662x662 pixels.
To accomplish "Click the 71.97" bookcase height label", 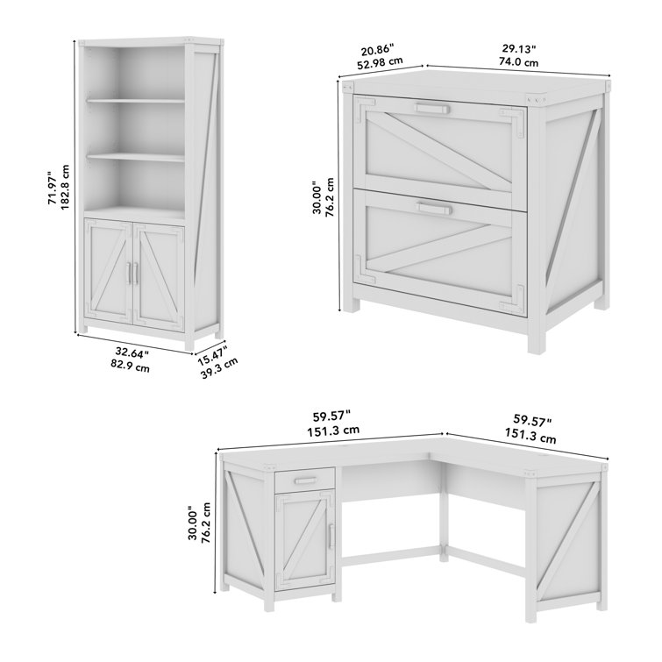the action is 53,188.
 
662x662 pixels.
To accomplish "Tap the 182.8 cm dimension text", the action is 65,187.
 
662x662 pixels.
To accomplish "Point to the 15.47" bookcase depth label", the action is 212,354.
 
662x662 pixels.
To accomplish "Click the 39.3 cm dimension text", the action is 219,367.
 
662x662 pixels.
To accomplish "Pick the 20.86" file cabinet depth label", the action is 377,49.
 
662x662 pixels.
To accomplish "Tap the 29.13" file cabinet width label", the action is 519,49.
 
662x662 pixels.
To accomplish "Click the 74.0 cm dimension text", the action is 519,62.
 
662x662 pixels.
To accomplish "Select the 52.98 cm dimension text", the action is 380,62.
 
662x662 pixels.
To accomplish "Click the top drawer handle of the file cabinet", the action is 432,109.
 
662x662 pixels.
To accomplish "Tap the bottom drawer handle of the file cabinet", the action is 434,208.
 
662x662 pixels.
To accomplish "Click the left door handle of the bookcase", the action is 128,274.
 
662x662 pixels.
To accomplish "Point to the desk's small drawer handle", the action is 306,480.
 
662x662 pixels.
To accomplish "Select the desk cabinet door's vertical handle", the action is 331,537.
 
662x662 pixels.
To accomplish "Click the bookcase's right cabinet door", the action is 159,274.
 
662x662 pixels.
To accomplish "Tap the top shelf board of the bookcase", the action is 136,101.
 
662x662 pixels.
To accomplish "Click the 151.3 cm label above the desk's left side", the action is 333,431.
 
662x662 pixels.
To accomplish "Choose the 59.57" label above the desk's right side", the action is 532,420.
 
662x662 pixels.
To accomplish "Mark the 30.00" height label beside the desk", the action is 193,523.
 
